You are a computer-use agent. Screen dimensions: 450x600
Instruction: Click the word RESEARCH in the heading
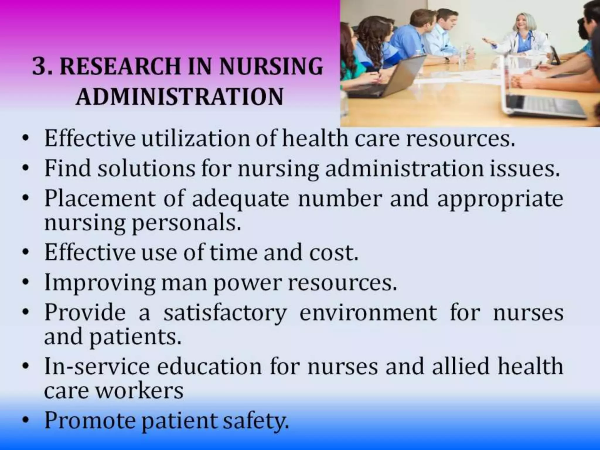pos(120,67)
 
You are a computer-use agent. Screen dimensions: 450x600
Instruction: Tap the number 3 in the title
pos(40,67)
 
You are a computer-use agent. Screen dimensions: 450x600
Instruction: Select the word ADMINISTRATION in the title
pos(179,97)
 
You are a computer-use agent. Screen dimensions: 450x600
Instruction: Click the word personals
pos(186,223)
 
